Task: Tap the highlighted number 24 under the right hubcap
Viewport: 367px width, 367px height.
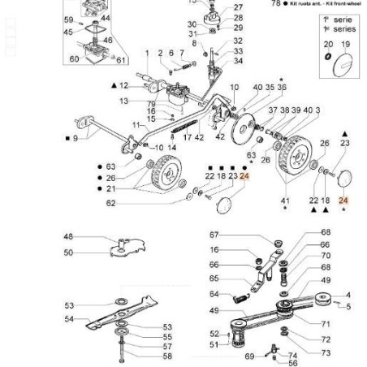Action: coord(343,201)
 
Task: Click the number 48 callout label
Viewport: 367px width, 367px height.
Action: coord(68,237)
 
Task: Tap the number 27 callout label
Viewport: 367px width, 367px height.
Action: coord(238,7)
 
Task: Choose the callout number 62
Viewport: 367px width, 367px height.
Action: coord(111,203)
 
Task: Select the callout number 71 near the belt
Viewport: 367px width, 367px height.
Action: coord(326,324)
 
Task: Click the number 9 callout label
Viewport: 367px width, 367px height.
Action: coord(76,138)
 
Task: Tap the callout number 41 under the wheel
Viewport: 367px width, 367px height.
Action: coord(285,201)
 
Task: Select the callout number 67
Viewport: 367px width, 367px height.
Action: coord(214,235)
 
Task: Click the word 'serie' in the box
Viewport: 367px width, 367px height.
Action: coord(344,19)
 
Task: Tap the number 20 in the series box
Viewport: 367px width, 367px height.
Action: coord(328,45)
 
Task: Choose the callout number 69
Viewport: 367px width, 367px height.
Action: coord(250,356)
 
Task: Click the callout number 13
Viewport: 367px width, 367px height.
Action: coord(124,101)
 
